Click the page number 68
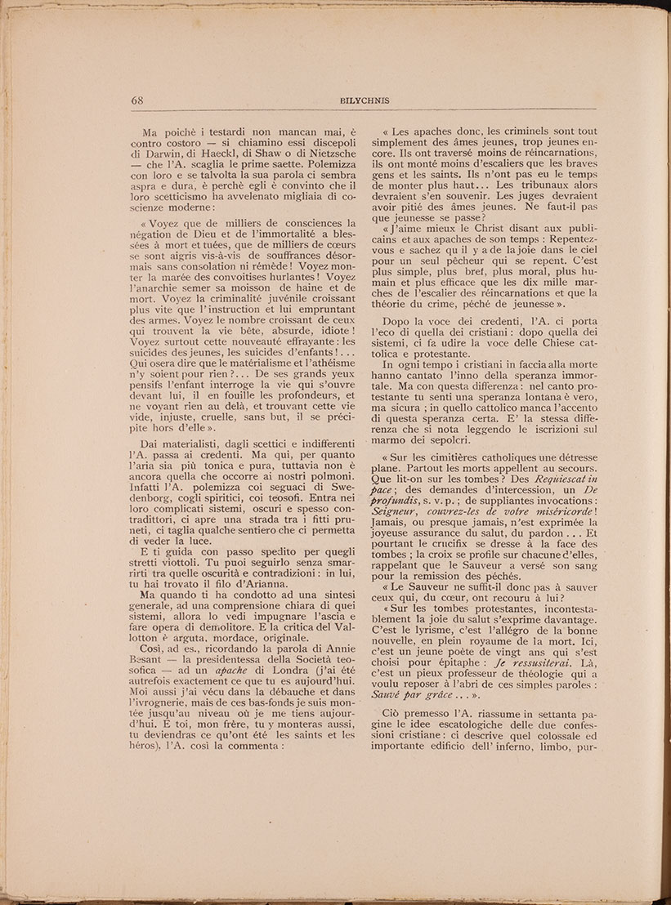[136, 100]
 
